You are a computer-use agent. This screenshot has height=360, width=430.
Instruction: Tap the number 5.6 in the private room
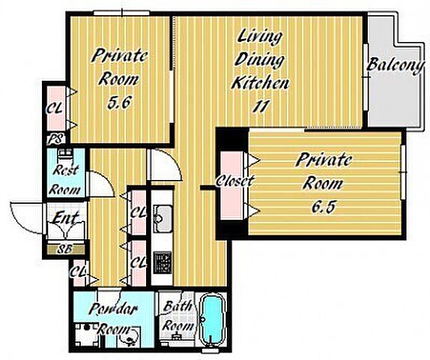(x=119, y=103)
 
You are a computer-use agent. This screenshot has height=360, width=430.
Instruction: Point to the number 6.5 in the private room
(x=324, y=207)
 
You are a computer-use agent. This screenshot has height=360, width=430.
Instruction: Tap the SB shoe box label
(x=65, y=249)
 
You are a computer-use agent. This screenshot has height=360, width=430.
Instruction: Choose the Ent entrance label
(x=65, y=218)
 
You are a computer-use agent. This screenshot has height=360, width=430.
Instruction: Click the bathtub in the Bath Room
(x=212, y=320)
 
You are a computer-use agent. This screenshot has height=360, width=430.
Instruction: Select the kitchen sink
(x=163, y=218)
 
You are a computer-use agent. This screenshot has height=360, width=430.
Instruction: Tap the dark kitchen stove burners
(x=163, y=262)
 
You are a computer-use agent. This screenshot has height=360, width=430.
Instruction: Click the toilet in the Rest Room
(x=65, y=155)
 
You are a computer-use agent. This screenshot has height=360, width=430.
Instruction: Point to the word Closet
(x=234, y=181)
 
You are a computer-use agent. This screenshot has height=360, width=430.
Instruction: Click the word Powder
(x=112, y=309)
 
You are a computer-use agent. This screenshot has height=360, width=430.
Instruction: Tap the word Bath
(x=178, y=306)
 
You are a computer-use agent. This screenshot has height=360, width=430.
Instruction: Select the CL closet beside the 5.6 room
(x=57, y=109)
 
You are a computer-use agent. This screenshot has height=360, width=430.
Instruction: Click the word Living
(x=260, y=37)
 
